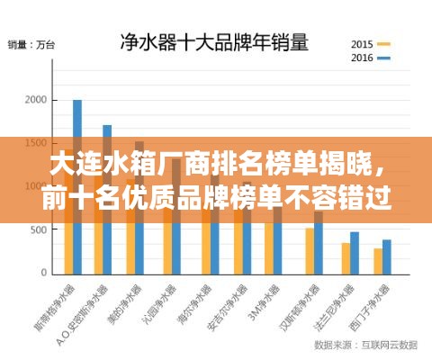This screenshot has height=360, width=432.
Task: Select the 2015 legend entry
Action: click(370, 43)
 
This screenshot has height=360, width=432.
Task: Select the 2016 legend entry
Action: click(370, 58)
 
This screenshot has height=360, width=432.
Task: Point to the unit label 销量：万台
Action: click(31, 44)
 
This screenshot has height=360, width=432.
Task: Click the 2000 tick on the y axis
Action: click(34, 101)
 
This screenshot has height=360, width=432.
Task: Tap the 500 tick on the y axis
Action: click(37, 229)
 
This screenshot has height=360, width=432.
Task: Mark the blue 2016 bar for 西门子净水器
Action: click(387, 256)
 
